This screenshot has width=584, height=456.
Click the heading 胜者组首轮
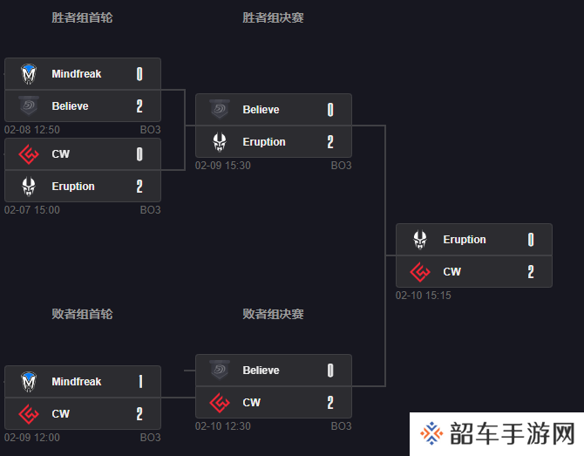pyautogui.click(x=82, y=17)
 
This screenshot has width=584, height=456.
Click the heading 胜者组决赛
pyautogui.click(x=273, y=17)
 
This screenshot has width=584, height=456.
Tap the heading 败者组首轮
pyautogui.click(x=82, y=314)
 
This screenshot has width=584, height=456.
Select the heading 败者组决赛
pyautogui.click(x=273, y=314)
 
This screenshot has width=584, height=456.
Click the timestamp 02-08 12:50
pyautogui.click(x=32, y=130)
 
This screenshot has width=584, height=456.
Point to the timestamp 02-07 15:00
pyautogui.click(x=32, y=210)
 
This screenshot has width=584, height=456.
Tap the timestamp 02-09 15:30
pyautogui.click(x=223, y=166)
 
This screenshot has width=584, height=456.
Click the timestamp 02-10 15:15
pyautogui.click(x=423, y=296)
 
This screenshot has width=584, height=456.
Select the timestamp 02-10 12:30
pyautogui.click(x=223, y=425)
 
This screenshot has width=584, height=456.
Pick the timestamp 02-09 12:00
pyautogui.click(x=32, y=438)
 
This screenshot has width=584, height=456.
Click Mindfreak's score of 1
pyautogui.click(x=140, y=382)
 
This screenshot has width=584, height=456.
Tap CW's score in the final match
pyautogui.click(x=531, y=271)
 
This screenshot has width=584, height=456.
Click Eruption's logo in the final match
pyautogui.click(x=420, y=240)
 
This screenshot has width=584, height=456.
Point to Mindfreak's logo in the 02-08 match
pyautogui.click(x=29, y=74)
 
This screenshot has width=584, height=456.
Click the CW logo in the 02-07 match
pyautogui.click(x=29, y=154)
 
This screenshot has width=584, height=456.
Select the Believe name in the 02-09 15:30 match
pyautogui.click(x=261, y=110)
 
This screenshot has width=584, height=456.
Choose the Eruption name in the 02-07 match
pyautogui.click(x=73, y=187)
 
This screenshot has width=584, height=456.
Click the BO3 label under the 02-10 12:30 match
pyautogui.click(x=341, y=425)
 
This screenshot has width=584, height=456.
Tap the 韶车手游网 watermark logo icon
pyautogui.click(x=431, y=433)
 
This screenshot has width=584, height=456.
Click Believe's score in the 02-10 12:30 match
pyautogui.click(x=330, y=371)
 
